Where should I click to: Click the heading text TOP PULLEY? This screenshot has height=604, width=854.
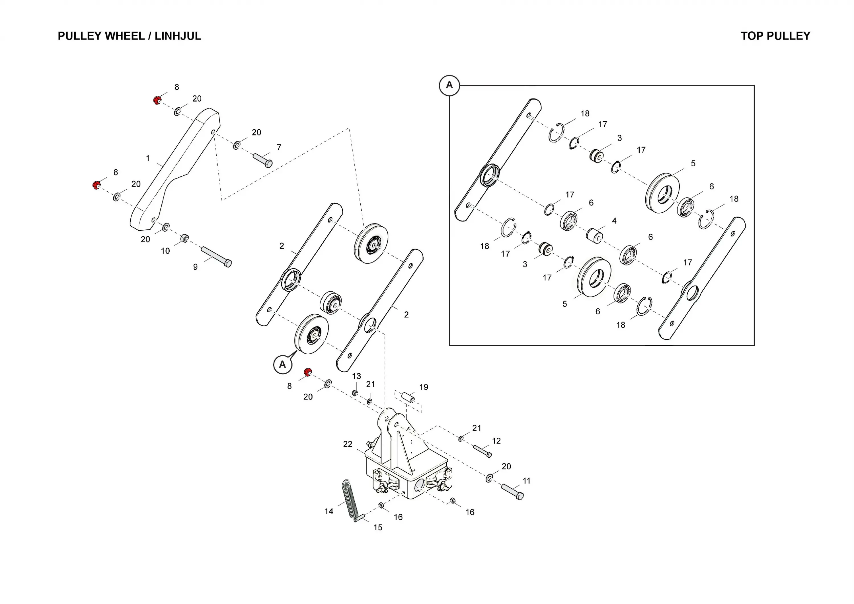(775, 36)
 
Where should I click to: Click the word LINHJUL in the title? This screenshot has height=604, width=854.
(178, 36)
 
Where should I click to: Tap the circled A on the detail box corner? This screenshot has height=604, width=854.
(449, 85)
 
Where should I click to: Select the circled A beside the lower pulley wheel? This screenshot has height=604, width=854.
(282, 364)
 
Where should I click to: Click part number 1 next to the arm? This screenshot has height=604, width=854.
(148, 158)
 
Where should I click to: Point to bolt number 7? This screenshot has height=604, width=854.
(262, 160)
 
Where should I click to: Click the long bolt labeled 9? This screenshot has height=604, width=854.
(216, 257)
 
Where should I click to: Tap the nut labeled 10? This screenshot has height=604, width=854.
(184, 237)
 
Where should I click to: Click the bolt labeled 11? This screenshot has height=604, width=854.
(512, 491)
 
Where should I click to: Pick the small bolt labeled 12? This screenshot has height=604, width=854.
(482, 451)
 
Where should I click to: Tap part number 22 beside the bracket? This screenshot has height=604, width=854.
(347, 444)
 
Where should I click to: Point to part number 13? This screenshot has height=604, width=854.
(356, 376)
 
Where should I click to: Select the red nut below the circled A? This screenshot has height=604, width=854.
(308, 372)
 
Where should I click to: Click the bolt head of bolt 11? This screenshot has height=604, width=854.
(520, 496)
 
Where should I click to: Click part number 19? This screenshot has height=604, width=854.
(424, 387)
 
